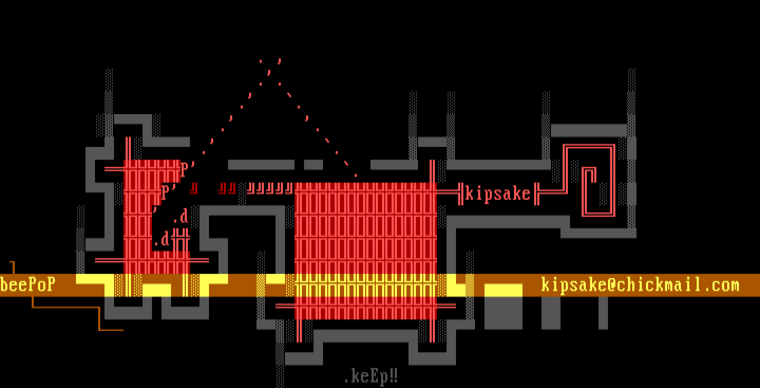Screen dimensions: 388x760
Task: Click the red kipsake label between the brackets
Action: [x=497, y=194]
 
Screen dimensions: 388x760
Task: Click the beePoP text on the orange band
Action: [x=27, y=285]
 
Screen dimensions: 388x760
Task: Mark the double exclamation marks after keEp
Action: [x=393, y=377]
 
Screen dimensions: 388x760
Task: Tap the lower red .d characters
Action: [x=162, y=239]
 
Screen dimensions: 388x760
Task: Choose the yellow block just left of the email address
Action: [x=503, y=290]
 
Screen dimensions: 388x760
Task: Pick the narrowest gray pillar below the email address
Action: [x=603, y=313]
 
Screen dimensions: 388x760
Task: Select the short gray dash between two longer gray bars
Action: [x=313, y=165]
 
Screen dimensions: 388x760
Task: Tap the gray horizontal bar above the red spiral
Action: [x=588, y=130]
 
